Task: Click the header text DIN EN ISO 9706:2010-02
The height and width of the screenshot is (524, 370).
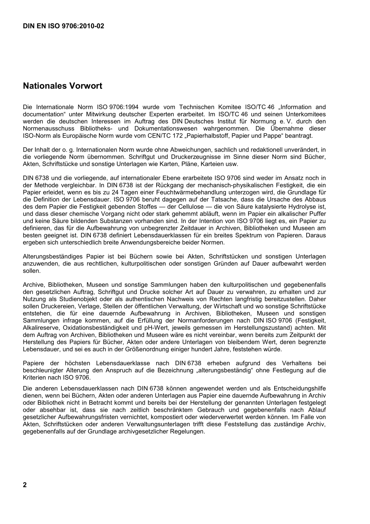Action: (x=63, y=27)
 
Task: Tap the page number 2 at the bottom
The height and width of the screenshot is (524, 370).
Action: (x=25, y=485)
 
